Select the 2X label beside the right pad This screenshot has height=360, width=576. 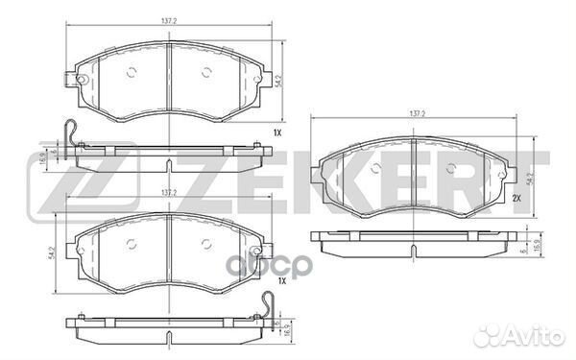coord(516,198)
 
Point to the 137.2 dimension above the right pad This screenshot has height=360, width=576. coord(416,114)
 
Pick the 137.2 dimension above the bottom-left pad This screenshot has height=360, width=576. coord(168,192)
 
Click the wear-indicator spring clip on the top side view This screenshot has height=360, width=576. coord(68,134)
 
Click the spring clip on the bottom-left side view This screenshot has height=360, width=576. coord(269,307)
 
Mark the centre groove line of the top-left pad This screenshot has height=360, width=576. coord(168,72)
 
